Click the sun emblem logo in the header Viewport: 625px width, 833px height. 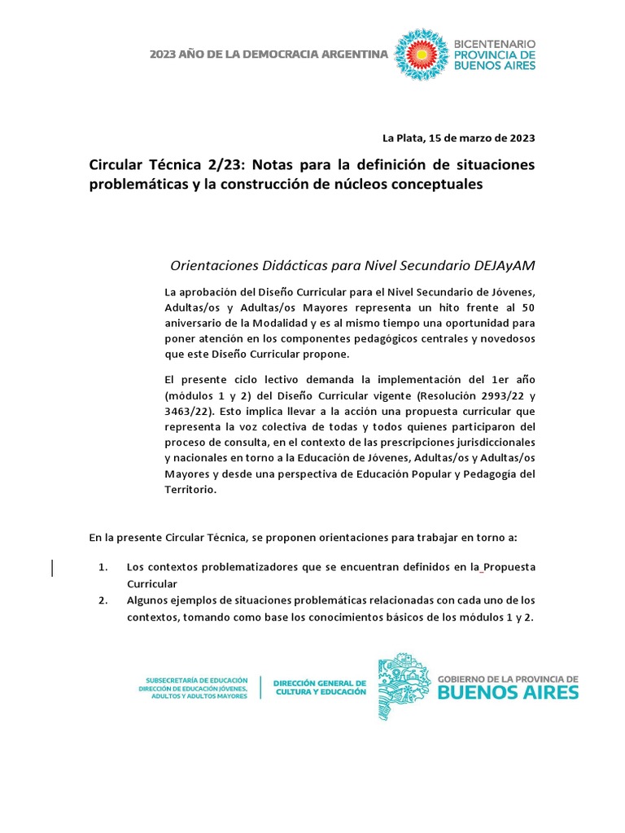pyautogui.click(x=421, y=55)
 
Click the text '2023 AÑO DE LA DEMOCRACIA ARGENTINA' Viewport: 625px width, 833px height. pyautogui.click(x=269, y=55)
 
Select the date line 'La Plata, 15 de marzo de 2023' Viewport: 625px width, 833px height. pyautogui.click(x=459, y=137)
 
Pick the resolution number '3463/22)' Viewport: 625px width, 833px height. pyautogui.click(x=186, y=410)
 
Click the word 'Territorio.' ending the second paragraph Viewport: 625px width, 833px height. pyautogui.click(x=190, y=491)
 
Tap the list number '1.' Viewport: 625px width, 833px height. pyautogui.click(x=103, y=566)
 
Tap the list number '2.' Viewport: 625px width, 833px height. pyautogui.click(x=103, y=600)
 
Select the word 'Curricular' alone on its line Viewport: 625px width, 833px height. pyautogui.click(x=151, y=584)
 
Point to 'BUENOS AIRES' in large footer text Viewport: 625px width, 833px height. pyautogui.click(x=509, y=692)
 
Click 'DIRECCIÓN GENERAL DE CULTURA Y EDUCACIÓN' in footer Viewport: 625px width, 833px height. pyautogui.click(x=319, y=687)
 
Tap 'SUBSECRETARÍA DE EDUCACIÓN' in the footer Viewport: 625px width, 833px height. pyautogui.click(x=195, y=679)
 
